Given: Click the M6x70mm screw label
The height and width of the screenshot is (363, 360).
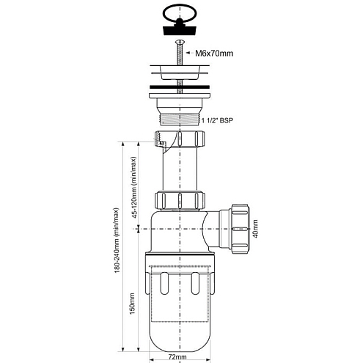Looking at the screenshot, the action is pos(214,54).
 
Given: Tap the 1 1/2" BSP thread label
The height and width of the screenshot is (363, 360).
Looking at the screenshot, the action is pos(217,120).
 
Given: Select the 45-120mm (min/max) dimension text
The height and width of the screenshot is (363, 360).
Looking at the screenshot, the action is pos(133,187).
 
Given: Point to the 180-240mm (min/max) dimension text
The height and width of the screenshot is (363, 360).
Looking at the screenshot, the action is pos(117,241).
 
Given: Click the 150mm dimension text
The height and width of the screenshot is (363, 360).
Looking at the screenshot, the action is pos(132,304).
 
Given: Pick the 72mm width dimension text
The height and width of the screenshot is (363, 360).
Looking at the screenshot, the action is pos(177,357).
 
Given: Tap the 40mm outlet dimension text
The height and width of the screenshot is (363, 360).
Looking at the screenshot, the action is pos(255,229).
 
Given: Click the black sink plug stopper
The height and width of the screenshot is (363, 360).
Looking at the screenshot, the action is pos(180,29).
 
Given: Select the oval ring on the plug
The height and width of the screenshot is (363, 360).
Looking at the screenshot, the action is pos(180,12).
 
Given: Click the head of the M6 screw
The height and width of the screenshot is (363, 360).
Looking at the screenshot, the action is pos(180,43).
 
